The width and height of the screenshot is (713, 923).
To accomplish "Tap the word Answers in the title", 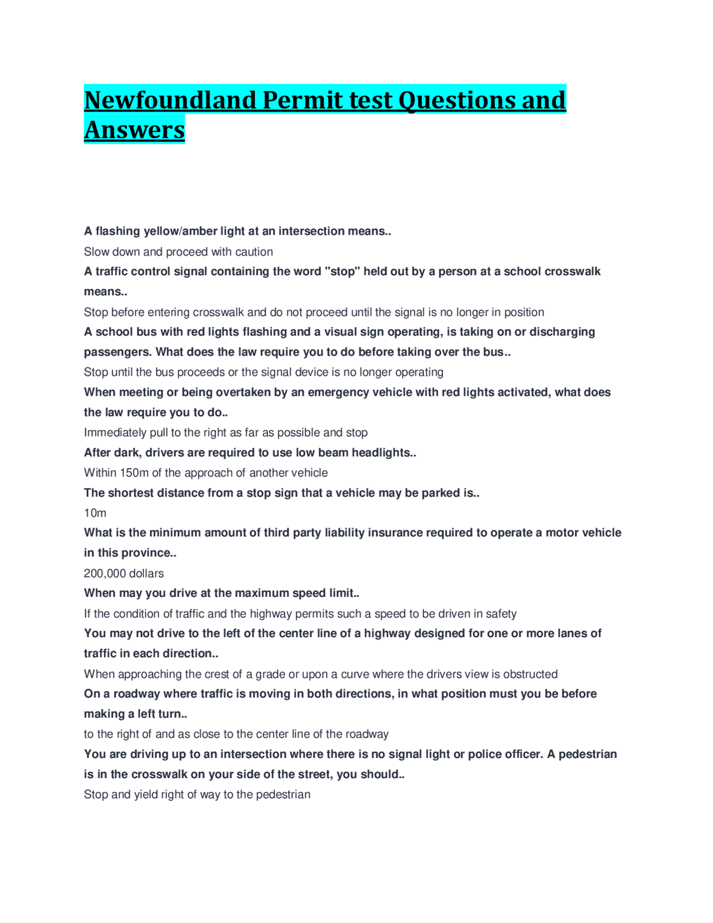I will (134, 130).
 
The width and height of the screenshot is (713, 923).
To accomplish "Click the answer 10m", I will (95, 513).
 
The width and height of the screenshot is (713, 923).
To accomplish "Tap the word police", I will (492, 754).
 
